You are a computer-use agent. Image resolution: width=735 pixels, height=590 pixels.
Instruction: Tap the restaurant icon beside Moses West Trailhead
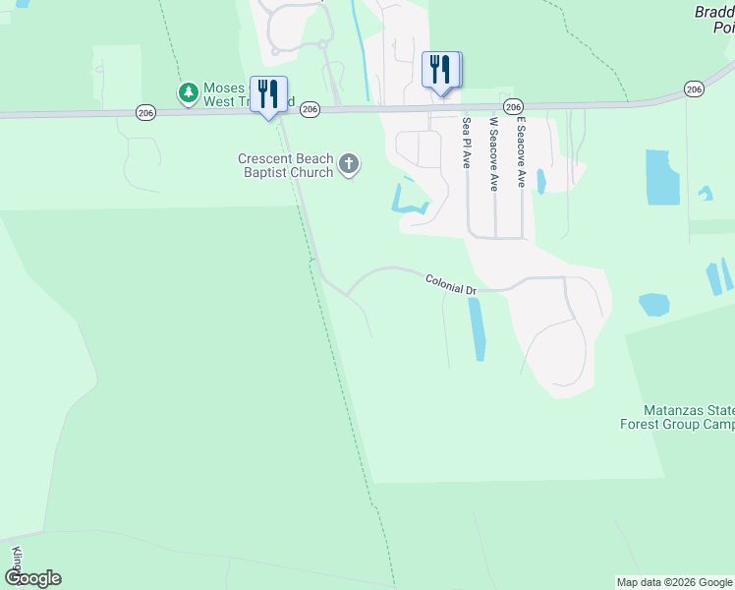pyautogui.click(x=268, y=94)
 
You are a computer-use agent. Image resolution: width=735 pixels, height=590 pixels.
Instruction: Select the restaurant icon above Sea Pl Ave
pyautogui.click(x=441, y=70)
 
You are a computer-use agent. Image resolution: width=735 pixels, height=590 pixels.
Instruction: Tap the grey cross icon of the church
pyautogui.click(x=349, y=164)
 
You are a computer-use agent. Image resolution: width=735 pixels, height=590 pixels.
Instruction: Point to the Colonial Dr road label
pyautogui.click(x=451, y=285)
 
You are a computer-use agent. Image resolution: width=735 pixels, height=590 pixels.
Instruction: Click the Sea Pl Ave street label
pyautogui.click(x=467, y=144)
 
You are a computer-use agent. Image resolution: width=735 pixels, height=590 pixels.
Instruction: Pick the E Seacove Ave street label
pyautogui.click(x=522, y=151)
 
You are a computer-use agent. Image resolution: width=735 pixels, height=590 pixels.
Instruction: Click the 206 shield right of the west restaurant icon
pyautogui.click(x=310, y=108)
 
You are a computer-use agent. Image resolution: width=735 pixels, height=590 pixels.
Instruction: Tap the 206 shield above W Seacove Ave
pyautogui.click(x=512, y=105)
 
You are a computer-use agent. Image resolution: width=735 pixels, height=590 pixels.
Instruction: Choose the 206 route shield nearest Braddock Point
pyautogui.click(x=695, y=89)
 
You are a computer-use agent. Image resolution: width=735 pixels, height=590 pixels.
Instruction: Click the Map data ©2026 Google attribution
pyautogui.click(x=674, y=582)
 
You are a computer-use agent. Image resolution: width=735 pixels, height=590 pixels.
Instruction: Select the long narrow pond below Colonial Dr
pyautogui.click(x=477, y=328)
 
